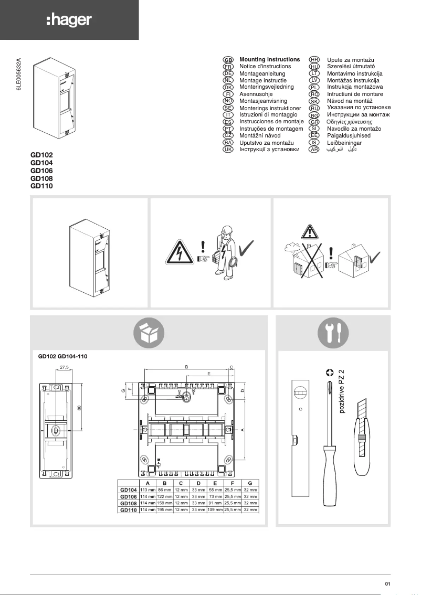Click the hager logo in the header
coord(69,20)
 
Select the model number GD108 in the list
coord(42,178)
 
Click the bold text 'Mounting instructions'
coord(269,60)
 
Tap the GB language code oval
coord(228,60)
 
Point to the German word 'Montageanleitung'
coord(262,74)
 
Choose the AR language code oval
coord(314,150)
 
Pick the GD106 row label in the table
coord(129,496)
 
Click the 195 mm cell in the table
coord(165,509)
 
